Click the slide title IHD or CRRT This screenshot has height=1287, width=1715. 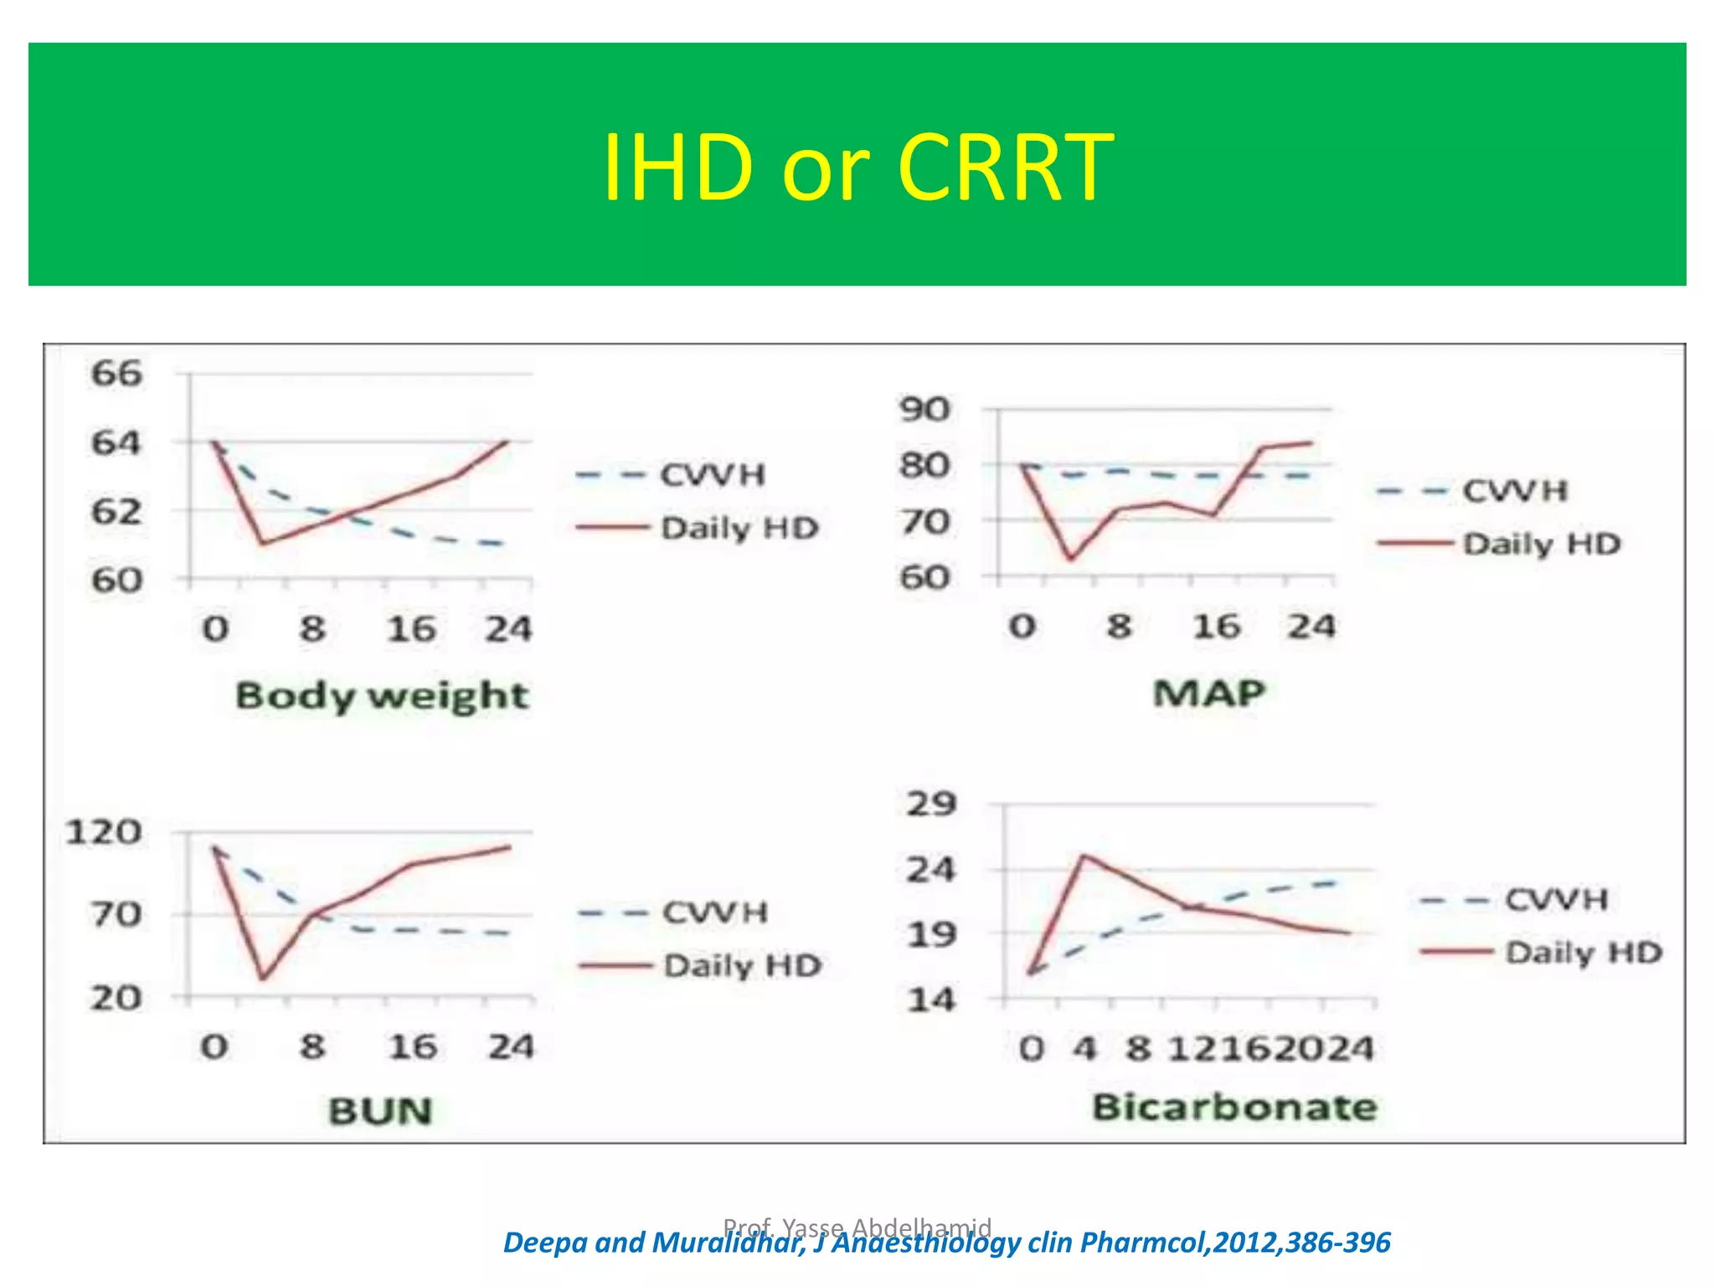[x=857, y=168]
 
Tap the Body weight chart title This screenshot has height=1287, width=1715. [x=382, y=696]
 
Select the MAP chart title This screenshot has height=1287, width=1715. [x=1208, y=693]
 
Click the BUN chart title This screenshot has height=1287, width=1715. [x=380, y=1111]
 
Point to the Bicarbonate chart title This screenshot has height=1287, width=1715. [x=1234, y=1108]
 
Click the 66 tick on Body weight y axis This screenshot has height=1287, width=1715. [x=116, y=373]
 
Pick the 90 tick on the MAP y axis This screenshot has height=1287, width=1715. [x=924, y=410]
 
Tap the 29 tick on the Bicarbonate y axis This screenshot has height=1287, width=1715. [x=930, y=804]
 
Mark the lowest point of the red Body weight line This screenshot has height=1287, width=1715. [x=262, y=544]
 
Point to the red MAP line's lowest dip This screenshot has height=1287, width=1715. [x=1071, y=559]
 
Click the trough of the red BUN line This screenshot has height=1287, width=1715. [x=262, y=979]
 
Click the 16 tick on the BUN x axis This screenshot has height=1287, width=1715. [x=411, y=1047]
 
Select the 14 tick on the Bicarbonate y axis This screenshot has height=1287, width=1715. [x=930, y=1000]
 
